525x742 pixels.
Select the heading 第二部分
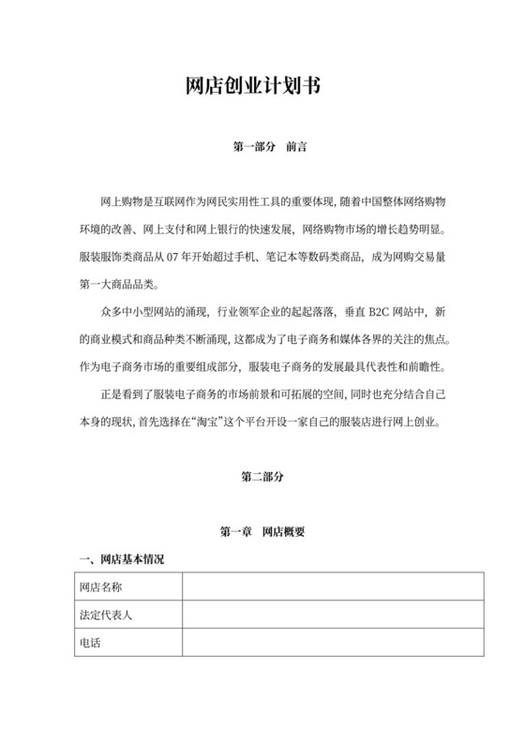[x=262, y=476]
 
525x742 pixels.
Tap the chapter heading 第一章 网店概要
[x=262, y=531]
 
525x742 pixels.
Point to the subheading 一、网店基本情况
[x=121, y=559]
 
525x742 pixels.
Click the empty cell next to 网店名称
[x=333, y=586]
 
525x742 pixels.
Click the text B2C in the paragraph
[x=367, y=311]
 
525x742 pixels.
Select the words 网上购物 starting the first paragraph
[x=120, y=202]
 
